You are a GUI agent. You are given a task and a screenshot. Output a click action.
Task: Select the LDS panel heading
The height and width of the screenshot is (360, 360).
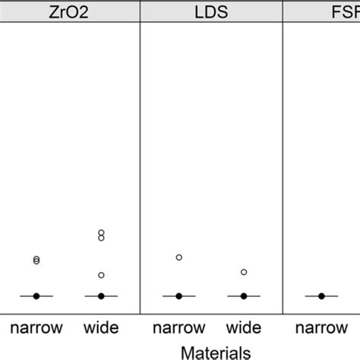coord(211,12)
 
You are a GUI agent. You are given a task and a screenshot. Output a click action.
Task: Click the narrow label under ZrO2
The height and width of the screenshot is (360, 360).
coord(36,329)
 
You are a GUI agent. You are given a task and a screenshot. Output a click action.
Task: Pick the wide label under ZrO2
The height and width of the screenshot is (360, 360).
coord(101,329)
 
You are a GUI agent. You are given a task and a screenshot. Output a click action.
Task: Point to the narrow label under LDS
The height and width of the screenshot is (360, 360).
coord(178,329)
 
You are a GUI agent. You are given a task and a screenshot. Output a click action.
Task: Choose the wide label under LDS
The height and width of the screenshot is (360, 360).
coord(244,329)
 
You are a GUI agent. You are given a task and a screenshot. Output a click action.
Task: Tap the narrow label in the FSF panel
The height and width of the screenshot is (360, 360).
coord(321,329)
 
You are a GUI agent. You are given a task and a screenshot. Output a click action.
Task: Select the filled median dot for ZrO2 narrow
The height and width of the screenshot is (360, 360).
coord(36,295)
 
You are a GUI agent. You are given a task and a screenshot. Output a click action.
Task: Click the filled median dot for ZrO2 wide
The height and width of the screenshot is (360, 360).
coord(101,295)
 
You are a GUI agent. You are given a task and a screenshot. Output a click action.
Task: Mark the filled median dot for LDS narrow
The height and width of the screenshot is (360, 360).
coord(178,295)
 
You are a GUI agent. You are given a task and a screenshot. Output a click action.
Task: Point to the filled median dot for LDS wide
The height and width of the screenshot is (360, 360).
coord(244,295)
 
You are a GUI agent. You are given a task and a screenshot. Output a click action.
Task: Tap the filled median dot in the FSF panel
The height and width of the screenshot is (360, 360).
coord(321,295)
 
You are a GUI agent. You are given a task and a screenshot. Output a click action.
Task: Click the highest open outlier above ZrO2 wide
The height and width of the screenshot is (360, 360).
coord(101,232)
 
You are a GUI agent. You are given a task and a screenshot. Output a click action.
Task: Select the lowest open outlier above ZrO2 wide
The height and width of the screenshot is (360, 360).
coord(101,275)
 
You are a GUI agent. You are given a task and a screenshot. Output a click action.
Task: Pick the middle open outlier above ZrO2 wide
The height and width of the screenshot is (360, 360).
coord(101,238)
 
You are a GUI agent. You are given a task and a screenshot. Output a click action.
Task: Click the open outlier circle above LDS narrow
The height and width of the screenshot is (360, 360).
coord(178,257)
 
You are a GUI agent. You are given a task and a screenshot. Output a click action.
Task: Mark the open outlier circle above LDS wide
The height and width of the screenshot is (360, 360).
coord(244,272)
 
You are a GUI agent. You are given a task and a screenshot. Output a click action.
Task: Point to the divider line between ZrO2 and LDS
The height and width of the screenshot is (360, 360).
coord(141,167)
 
